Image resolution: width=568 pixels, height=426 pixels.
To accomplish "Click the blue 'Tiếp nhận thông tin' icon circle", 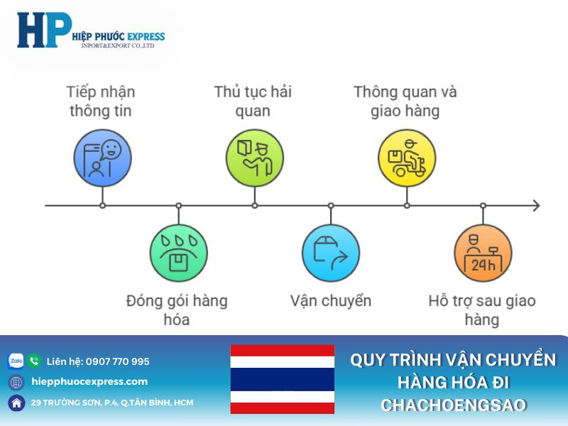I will coord(103,158).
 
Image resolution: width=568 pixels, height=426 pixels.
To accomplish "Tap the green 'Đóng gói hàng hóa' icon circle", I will coord(178,253).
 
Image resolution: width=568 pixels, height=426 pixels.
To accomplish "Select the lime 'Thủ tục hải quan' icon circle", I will coord(255,158).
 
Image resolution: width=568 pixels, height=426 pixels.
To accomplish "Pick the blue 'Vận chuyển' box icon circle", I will coord(331,253).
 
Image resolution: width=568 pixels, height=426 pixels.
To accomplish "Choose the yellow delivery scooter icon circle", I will coord(407,158).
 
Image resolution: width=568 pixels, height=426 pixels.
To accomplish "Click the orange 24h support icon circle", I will coord(483,253).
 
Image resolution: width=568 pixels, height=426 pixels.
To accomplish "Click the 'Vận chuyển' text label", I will coord(331,300).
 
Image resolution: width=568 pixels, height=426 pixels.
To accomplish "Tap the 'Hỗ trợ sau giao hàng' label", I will coord(482,310).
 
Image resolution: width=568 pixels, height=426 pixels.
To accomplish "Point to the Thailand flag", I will coord(282,379).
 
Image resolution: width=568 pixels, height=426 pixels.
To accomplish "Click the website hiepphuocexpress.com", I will coord(90,381).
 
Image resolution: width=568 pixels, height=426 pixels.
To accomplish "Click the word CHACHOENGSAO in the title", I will coord(453,405).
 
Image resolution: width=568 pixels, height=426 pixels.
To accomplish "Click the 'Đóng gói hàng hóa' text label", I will coord(177,310).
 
